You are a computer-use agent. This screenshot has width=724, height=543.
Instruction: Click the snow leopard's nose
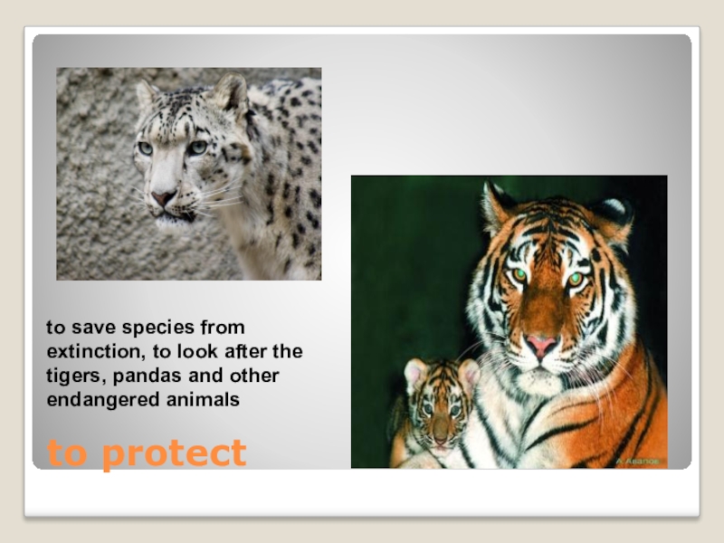[x=163, y=196]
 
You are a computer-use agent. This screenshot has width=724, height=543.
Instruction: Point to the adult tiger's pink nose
[x=542, y=344]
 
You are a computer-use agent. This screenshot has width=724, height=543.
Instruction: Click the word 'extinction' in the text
[x=87, y=350]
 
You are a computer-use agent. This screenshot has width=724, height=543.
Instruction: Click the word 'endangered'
[x=95, y=398]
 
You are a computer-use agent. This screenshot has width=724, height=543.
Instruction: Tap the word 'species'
[x=163, y=327]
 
